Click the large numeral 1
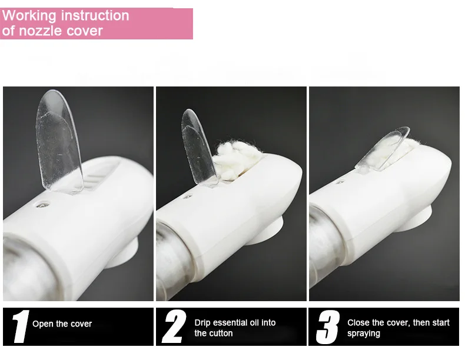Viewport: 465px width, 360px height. (21, 326)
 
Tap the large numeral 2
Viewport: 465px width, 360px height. (174, 326)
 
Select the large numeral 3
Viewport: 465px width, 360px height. (328, 327)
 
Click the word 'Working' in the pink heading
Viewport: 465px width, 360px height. (29, 16)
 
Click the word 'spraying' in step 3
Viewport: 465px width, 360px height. (364, 334)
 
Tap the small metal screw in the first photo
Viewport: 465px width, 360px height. (43, 205)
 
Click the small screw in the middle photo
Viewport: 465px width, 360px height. (187, 196)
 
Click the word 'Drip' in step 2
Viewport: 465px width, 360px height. (202, 323)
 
